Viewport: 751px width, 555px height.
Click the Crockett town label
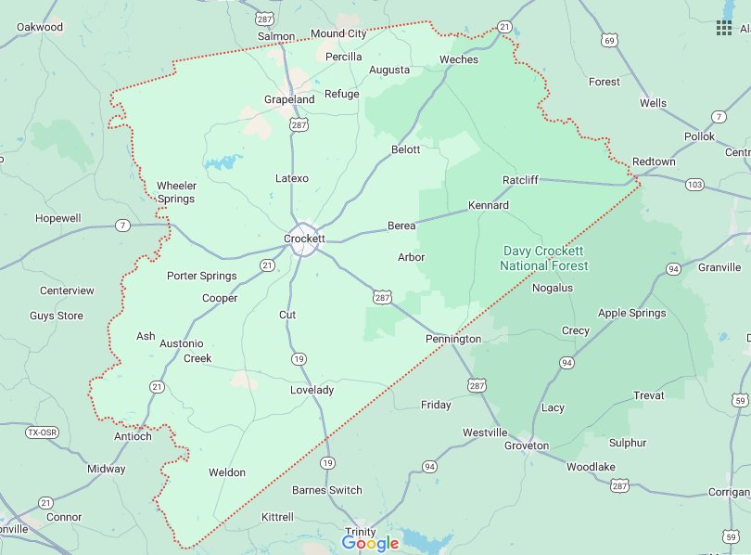click(304, 239)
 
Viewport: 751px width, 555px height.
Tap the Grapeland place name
click(289, 99)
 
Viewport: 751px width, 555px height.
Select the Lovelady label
click(311, 390)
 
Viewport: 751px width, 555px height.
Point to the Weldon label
click(227, 472)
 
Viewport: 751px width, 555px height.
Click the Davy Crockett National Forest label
click(544, 258)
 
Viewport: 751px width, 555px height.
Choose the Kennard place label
click(488, 205)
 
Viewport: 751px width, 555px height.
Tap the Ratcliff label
click(520, 179)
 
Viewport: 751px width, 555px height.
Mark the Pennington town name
click(453, 339)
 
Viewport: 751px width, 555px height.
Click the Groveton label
click(527, 445)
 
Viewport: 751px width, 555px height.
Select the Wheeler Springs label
click(176, 192)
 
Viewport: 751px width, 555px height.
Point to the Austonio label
click(182, 343)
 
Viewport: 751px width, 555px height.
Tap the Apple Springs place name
click(632, 313)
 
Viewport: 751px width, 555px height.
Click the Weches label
click(459, 59)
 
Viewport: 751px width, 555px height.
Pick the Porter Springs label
click(201, 276)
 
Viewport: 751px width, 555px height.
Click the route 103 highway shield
click(694, 185)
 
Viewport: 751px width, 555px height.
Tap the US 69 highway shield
click(608, 40)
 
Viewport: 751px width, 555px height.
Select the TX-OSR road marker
click(41, 432)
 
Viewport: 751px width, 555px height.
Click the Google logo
click(370, 543)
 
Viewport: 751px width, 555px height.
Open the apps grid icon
click(724, 28)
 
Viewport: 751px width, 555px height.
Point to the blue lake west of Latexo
click(223, 163)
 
